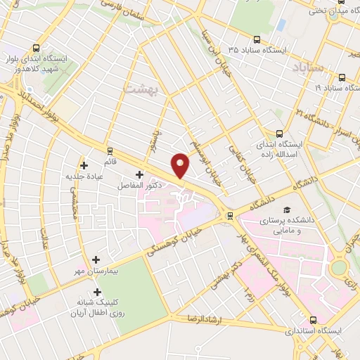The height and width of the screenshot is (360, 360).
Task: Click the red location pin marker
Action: click(x=181, y=165)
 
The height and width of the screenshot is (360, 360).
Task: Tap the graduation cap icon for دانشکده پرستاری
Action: click(x=287, y=210)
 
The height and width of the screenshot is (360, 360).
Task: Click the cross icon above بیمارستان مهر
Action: click(x=96, y=259)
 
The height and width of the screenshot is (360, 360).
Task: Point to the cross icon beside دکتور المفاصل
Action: click(x=139, y=174)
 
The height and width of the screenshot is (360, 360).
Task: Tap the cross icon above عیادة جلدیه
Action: click(x=84, y=166)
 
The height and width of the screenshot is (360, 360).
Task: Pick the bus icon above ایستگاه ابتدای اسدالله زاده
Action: click(x=279, y=132)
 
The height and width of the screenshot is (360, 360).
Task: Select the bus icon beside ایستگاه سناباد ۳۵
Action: click(x=257, y=39)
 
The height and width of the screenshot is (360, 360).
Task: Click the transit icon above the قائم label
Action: click(x=109, y=139)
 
